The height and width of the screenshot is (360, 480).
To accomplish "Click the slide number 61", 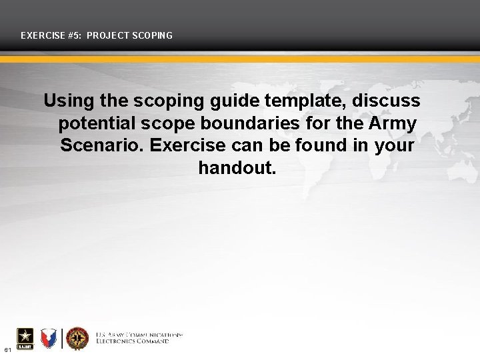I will (x=7, y=349).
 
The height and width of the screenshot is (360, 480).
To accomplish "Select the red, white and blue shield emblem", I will (x=49, y=339).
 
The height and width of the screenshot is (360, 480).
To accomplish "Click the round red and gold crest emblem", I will (x=77, y=339).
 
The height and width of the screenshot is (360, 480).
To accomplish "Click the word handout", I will (x=237, y=167).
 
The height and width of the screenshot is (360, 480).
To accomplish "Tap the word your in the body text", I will (x=393, y=145).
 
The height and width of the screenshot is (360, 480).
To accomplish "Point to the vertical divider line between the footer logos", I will (x=63, y=339).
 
